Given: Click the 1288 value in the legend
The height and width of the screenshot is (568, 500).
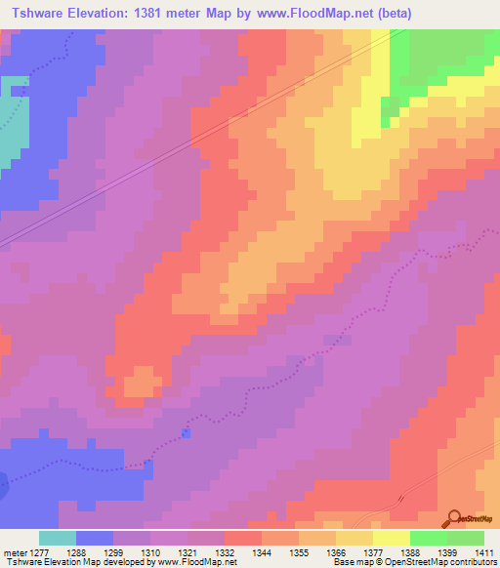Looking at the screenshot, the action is coord(75,551).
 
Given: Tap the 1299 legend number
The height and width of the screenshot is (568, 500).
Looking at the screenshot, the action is coord(113,551).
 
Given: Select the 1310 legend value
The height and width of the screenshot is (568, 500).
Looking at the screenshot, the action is coord(150,551).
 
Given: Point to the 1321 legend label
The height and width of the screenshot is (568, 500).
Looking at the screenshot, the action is coord(187,551).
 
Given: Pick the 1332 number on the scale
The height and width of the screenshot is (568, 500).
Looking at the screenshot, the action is coord(225,551).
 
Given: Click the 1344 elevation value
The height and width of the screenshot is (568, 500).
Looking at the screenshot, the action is coord(262,551).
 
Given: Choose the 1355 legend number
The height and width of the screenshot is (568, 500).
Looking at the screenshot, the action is coord(299,551).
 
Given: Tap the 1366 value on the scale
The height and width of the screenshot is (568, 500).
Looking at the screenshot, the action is coord(336,551).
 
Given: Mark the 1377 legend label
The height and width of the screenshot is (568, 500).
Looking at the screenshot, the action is coord(373,551).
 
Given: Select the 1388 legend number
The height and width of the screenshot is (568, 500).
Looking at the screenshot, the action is coord(410,551).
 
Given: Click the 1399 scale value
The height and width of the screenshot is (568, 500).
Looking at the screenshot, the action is coord(447,551).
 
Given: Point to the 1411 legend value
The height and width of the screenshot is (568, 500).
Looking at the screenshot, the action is coord(484,551).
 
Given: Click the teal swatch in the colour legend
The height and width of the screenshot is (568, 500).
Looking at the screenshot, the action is coord(58,538).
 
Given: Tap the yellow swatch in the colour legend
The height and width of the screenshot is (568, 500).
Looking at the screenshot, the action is coord(392,538).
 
